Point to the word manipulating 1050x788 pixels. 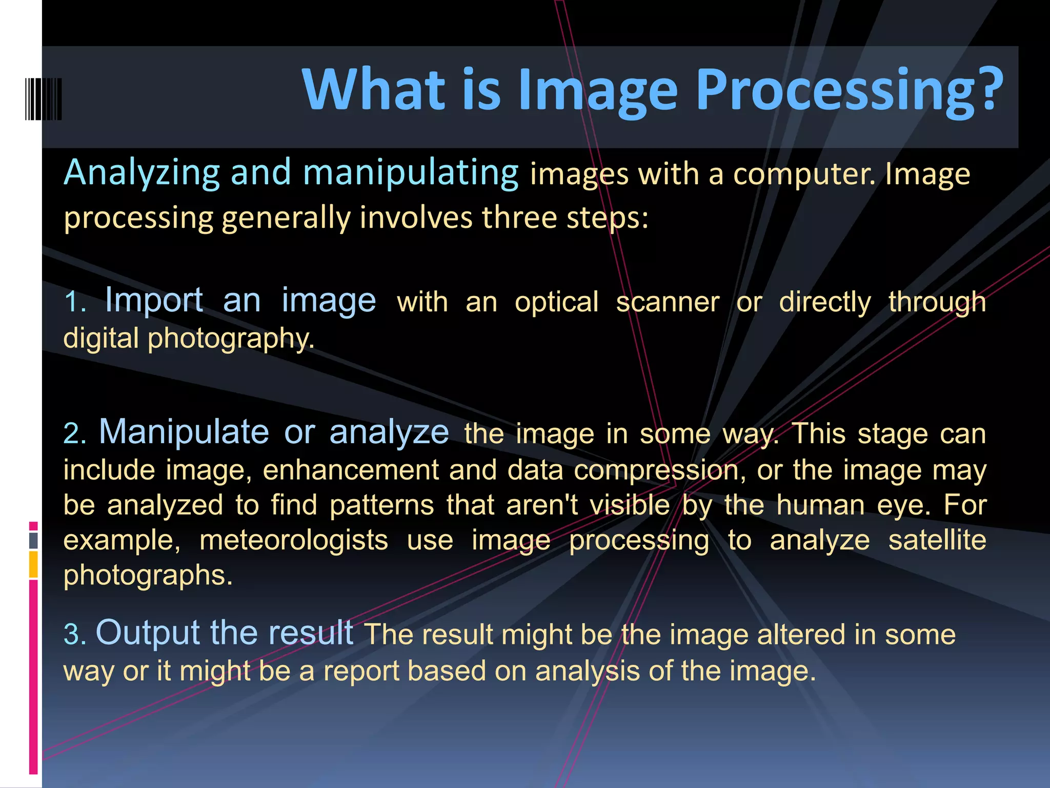411,173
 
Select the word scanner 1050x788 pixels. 668,302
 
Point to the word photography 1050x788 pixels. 231,339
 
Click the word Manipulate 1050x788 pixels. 184,431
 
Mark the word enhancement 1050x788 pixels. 351,470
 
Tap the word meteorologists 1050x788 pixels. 294,540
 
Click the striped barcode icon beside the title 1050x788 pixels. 44,99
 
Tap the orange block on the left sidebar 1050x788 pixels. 33,564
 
